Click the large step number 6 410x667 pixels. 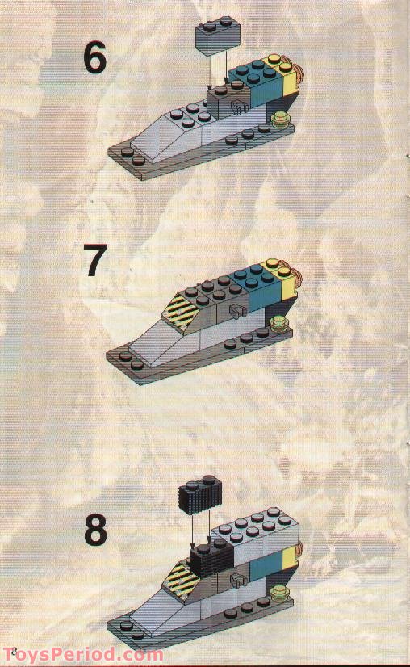tap(94, 57)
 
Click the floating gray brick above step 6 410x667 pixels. tap(217, 35)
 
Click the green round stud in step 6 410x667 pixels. tap(280, 122)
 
